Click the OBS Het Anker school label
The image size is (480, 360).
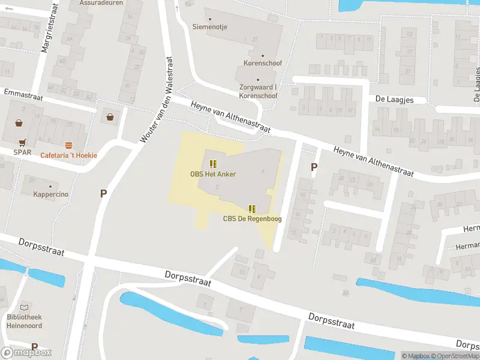click(x=213, y=175)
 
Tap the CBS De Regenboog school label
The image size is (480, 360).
click(x=252, y=219)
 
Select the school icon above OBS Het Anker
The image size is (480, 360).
click(x=213, y=164)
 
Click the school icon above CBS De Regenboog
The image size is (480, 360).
click(x=252, y=208)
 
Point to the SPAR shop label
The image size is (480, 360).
click(x=22, y=152)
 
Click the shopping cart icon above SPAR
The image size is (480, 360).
click(x=22, y=143)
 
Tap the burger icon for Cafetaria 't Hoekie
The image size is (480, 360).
click(x=69, y=145)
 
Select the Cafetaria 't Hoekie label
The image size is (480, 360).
click(x=68, y=155)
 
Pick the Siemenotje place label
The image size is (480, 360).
click(x=209, y=26)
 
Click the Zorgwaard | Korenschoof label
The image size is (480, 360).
click(x=258, y=91)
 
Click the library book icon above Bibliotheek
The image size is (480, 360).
click(x=25, y=307)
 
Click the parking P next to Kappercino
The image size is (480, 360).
click(x=103, y=193)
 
